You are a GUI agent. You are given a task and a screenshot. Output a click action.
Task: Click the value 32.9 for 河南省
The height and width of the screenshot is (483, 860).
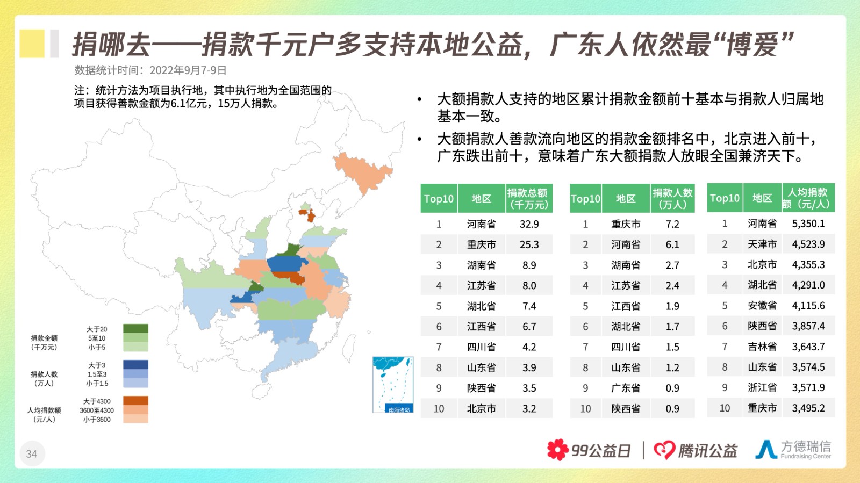point(529,224)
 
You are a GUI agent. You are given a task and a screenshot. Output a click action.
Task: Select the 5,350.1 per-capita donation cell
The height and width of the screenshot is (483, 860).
point(808,224)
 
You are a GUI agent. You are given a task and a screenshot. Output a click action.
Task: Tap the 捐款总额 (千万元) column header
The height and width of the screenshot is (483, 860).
point(529,198)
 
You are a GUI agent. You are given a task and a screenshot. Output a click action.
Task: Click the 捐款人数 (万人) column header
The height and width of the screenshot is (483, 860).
point(672,198)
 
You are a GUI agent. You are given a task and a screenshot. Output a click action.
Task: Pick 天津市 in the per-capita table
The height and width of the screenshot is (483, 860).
point(762,244)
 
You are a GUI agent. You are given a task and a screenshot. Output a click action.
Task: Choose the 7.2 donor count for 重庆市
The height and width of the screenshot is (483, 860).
point(672,224)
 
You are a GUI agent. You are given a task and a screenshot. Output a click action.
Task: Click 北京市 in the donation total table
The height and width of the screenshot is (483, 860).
point(482,408)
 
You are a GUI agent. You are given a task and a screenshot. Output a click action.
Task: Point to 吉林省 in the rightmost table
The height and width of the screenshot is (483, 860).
point(762,347)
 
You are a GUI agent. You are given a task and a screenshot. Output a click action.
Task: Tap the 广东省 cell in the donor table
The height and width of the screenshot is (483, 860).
point(626,388)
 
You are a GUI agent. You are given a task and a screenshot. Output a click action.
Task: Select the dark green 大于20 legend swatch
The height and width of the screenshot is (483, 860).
point(135,328)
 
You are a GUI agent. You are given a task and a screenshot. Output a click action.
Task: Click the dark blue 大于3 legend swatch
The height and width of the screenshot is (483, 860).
point(135,364)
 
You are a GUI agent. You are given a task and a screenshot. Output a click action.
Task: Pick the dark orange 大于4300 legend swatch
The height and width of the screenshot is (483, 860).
point(135,400)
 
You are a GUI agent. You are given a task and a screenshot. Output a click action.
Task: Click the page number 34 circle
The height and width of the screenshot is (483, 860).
point(32,454)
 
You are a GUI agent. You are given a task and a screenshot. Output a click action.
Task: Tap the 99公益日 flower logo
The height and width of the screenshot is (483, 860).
point(558,450)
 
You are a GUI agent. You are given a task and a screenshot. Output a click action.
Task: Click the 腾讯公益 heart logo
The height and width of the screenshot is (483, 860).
point(664,450)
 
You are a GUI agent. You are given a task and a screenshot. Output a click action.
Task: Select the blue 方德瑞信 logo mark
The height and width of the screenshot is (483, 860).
point(766,449)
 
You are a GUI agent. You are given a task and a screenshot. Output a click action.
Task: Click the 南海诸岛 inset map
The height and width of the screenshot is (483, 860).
point(393,385)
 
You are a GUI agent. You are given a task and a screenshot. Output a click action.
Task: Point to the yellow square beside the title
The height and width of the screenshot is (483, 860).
point(32,44)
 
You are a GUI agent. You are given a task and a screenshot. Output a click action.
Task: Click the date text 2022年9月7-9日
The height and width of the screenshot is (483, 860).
point(188,70)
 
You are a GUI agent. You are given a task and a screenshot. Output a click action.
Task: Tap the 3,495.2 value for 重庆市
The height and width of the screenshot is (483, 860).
point(808,408)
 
